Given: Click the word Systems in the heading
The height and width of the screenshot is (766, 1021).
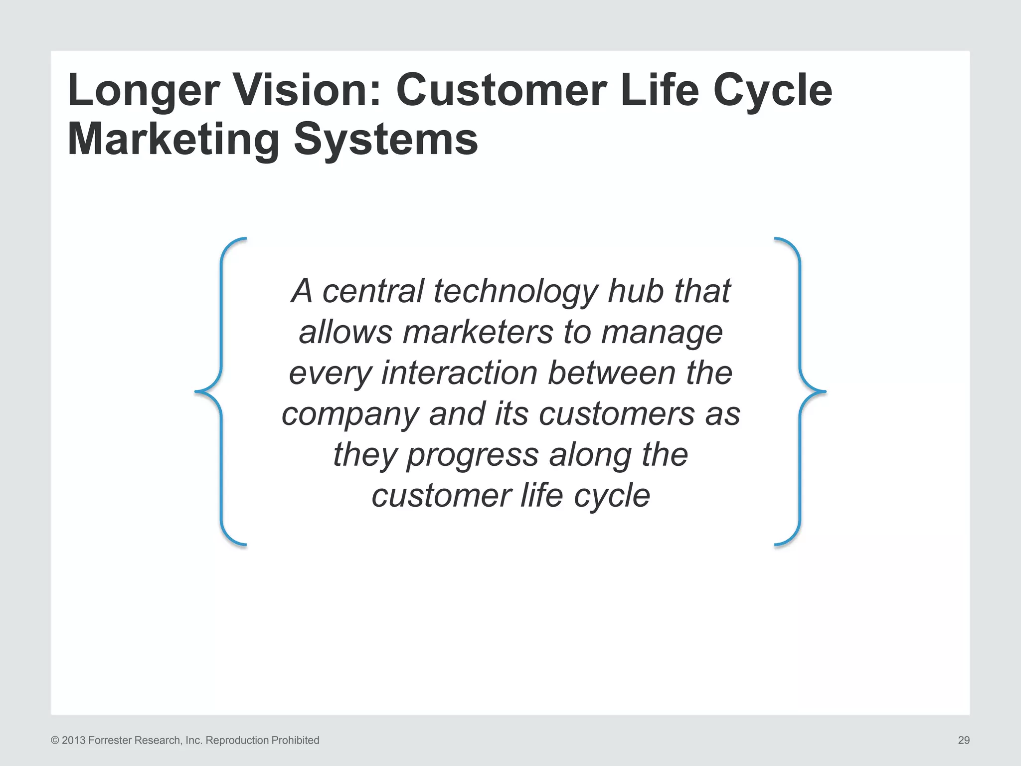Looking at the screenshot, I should point(386,140).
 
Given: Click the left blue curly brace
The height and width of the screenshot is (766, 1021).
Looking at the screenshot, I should point(221,392).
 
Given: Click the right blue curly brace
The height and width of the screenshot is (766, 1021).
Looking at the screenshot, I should point(800,392).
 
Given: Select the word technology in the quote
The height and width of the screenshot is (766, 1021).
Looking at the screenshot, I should point(515,292).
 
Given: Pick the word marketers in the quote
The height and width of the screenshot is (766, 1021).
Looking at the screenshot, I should point(478,332).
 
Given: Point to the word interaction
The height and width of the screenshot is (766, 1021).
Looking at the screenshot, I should point(459,373).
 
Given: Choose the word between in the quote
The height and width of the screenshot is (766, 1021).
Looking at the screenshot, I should point(611,373).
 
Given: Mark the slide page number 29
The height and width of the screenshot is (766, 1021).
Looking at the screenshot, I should point(964,741).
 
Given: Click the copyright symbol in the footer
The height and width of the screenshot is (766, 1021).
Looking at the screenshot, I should point(55,741).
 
